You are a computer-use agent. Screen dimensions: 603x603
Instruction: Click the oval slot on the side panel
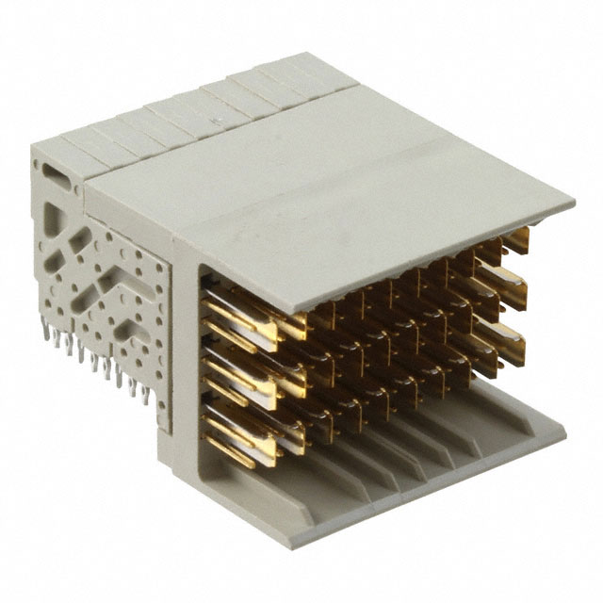[x=55, y=173]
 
